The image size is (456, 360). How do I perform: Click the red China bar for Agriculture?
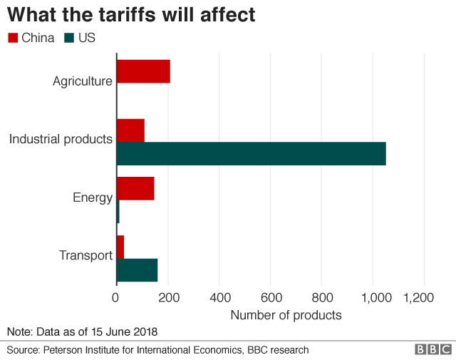click(143, 71)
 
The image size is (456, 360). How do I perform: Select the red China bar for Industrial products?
click(130, 130)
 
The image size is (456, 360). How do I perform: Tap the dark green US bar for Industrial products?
click(251, 154)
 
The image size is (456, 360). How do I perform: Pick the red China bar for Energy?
click(135, 189)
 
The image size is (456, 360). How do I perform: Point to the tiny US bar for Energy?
click(118, 212)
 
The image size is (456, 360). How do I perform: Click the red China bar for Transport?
click(120, 247)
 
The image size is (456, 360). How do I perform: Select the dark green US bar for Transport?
click(137, 269)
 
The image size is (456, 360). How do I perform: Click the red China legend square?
click(13, 38)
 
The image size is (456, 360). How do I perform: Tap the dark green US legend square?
click(69, 38)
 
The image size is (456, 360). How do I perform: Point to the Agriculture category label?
click(82, 81)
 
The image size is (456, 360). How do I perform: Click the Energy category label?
click(93, 197)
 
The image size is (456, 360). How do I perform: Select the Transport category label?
click(85, 255)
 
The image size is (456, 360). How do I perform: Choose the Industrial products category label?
click(61, 138)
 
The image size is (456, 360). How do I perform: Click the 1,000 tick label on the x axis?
click(373, 297)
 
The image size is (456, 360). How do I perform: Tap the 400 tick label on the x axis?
click(219, 297)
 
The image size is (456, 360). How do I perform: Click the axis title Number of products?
click(286, 315)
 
